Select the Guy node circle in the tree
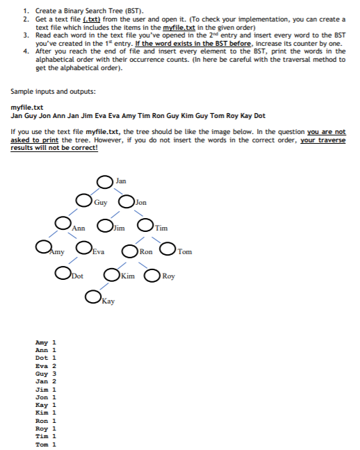[85, 203]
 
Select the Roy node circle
[151, 275]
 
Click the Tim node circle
[146, 226]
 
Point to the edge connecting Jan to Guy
[97, 192]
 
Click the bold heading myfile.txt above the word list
[28, 108]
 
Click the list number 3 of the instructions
[25, 34]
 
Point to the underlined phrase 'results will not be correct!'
[55, 148]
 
